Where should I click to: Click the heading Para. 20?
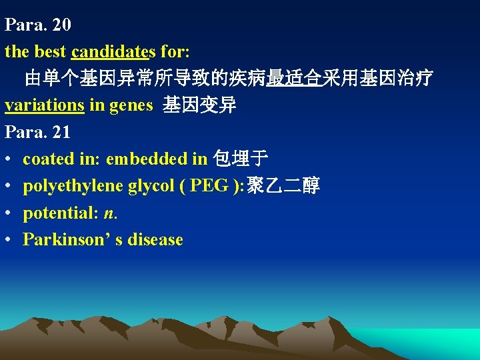38,25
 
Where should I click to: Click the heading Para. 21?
38,132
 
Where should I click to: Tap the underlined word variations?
45,105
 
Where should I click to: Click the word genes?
130,105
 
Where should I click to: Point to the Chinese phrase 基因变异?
199,105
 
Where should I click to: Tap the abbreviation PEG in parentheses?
209,186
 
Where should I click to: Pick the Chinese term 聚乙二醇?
283,186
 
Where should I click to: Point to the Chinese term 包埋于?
239,159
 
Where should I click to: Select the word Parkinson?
61,239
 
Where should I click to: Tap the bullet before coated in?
9,159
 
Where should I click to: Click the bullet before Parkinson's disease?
9,240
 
